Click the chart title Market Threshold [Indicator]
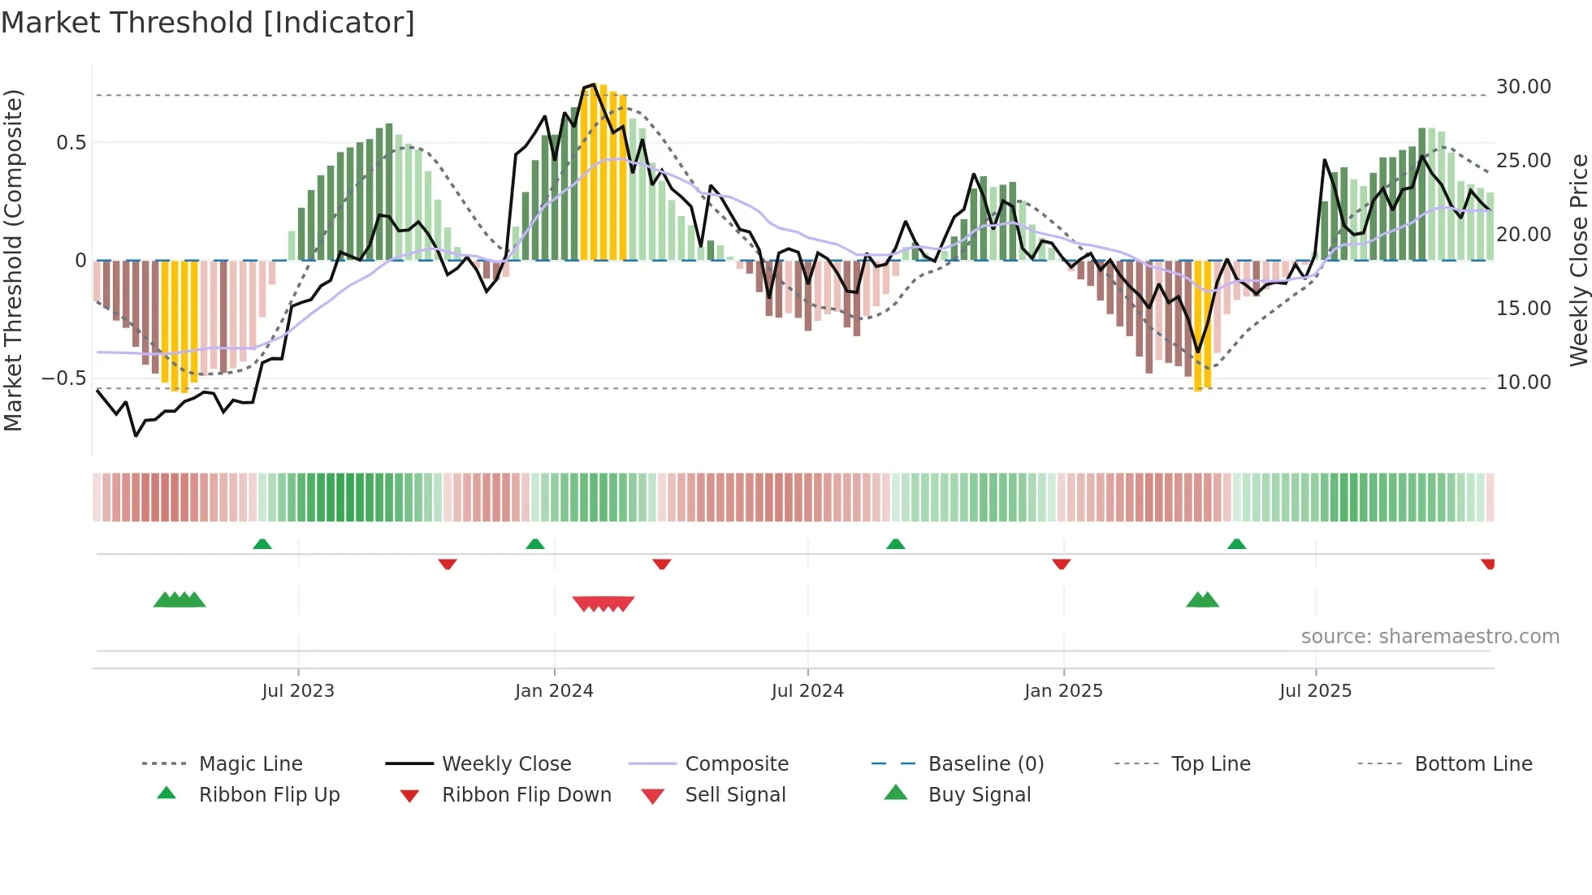pos(208,23)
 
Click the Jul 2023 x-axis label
pos(297,690)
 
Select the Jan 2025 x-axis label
pos(1063,690)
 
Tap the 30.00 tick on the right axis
pos(1523,87)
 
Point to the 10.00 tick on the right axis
pos(1523,382)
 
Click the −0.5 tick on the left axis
pos(63,378)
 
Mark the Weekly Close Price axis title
pos(1578,260)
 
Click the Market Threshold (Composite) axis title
pos(13,260)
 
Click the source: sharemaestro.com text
pos(1430,636)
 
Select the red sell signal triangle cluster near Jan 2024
pos(603,603)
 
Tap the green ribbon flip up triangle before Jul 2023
pos(262,544)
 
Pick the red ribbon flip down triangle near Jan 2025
pos(1061,564)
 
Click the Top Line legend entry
pos(1210,763)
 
